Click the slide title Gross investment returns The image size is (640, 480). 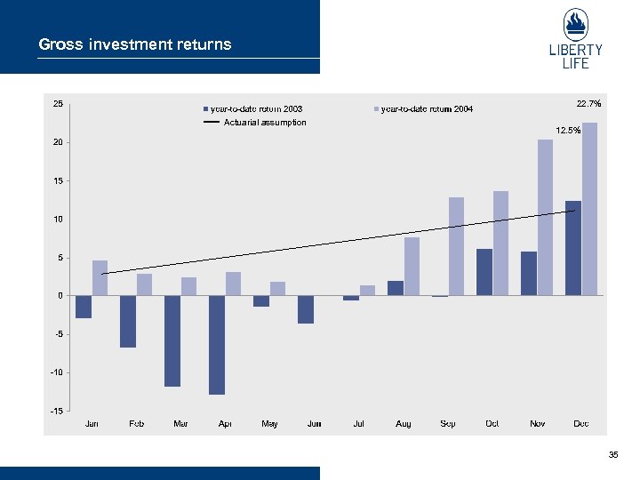click(135, 44)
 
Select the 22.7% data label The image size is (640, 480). click(588, 104)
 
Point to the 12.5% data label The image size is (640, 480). click(568, 131)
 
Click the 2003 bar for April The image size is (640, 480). click(217, 345)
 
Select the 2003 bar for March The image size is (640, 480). click(172, 340)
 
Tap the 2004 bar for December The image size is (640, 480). click(589, 209)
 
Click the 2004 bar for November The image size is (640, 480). click(545, 217)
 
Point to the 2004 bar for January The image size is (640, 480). click(100, 277)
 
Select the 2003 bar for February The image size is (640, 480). click(128, 321)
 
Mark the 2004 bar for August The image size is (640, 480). click(412, 266)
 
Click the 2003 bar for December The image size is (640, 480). click(573, 248)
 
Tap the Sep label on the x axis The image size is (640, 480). click(448, 424)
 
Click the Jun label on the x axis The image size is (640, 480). click(314, 424)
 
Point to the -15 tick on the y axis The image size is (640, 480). click(57, 411)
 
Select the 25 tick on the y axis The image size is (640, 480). click(58, 104)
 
